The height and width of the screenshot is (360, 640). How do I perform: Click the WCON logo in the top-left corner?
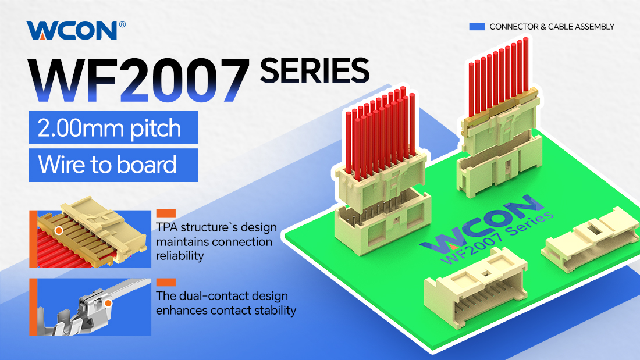pos(72,30)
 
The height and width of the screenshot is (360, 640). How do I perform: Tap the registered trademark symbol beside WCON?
pos(122,24)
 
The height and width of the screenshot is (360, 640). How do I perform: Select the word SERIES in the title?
pos(314,70)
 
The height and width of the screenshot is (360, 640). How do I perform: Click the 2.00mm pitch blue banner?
pos(113,127)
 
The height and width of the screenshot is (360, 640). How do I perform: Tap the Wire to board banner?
pos(113,165)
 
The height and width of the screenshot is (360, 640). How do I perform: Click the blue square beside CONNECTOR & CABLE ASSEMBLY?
pos(477,27)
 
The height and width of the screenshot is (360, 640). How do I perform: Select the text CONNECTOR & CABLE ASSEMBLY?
pos(552,27)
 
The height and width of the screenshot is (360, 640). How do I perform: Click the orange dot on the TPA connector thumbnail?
pos(59,231)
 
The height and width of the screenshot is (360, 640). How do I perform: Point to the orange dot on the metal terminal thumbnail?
pos(108,303)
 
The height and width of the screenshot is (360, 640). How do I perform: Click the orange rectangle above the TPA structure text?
pos(166,213)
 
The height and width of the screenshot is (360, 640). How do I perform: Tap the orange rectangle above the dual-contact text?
pos(166,282)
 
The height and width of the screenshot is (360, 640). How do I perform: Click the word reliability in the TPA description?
pos(180,256)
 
